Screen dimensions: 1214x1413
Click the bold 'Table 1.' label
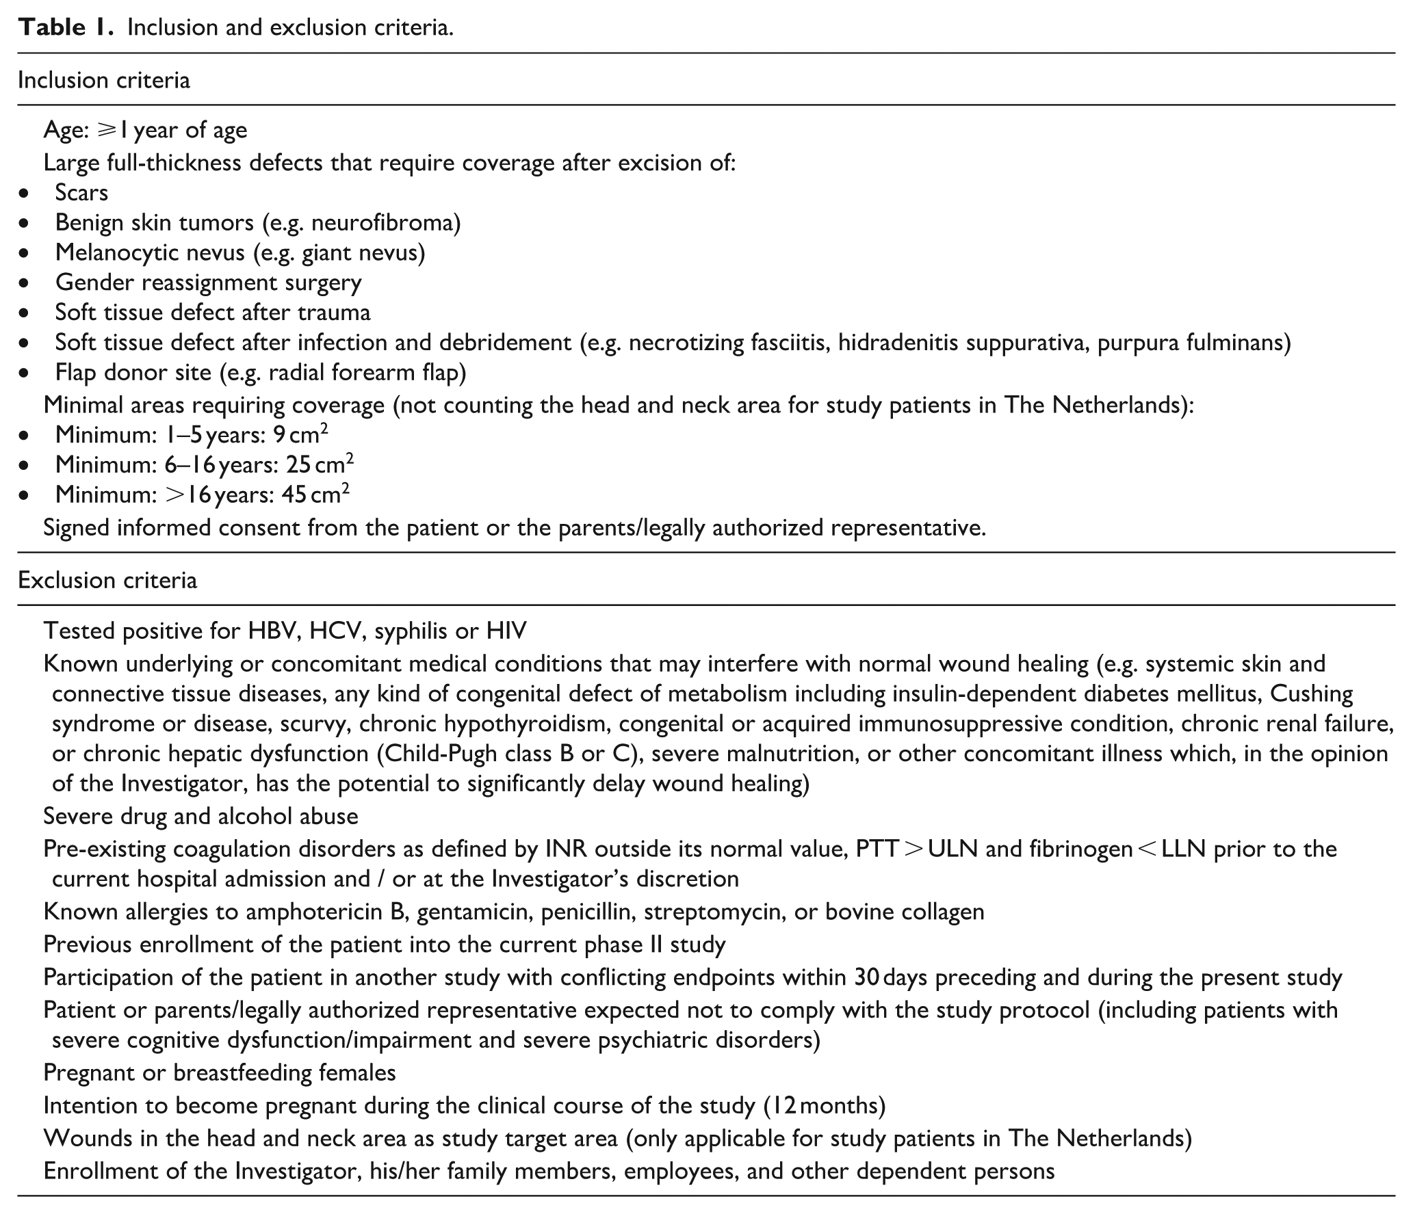click(66, 27)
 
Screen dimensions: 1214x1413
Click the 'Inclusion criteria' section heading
click(104, 80)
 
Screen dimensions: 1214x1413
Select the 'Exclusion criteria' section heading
click(107, 580)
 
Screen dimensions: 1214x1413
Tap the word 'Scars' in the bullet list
click(81, 192)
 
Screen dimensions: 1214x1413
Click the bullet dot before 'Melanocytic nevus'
click(25, 253)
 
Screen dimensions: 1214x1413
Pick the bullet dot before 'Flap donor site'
click(25, 373)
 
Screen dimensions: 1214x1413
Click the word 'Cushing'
click(1310, 694)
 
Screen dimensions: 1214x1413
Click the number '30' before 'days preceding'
click(867, 977)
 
